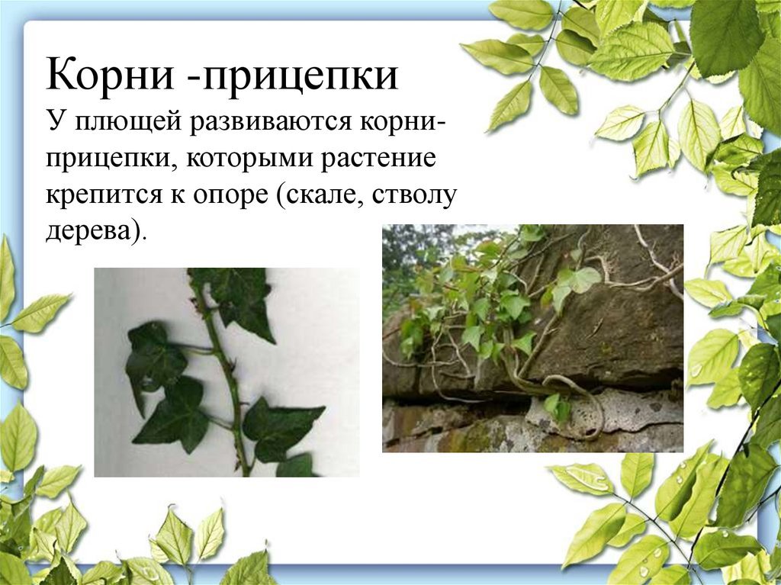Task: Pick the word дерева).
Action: (x=95, y=233)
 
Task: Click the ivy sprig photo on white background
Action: (x=227, y=371)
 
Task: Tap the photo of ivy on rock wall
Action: (x=532, y=338)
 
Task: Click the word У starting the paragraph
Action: (x=53, y=122)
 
